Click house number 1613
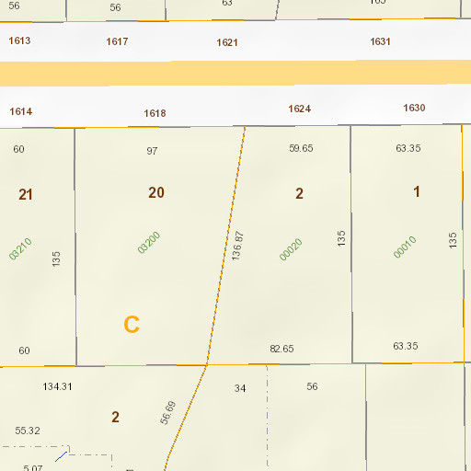[x=19, y=41]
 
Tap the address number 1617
[x=117, y=41]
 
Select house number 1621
[x=227, y=43]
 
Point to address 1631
[x=380, y=41]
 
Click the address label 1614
[x=21, y=111]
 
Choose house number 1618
[x=155, y=113]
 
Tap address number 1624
[x=299, y=109]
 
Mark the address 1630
[x=414, y=108]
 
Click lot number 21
[x=26, y=194]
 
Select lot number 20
[x=156, y=192]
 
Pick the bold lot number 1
[x=416, y=191]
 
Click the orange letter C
[x=132, y=325]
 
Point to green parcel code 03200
[x=148, y=242]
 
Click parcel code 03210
[x=20, y=248]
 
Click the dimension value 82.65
[x=281, y=349]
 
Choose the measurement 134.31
[x=57, y=386]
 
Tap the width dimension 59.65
[x=301, y=148]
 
